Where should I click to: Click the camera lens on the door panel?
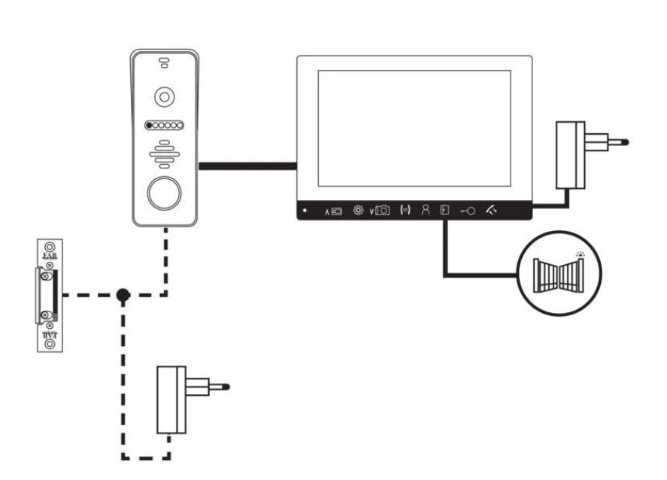pyautogui.click(x=164, y=96)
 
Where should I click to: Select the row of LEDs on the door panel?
pyautogui.click(x=164, y=126)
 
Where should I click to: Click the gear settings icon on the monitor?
pyautogui.click(x=358, y=211)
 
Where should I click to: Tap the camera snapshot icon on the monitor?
pyautogui.click(x=381, y=211)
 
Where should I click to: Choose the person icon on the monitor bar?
pyautogui.click(x=425, y=211)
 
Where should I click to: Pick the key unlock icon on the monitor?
pyautogui.click(x=466, y=211)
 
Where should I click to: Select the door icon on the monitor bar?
pyautogui.click(x=444, y=211)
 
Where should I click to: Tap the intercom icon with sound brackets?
pyautogui.click(x=405, y=211)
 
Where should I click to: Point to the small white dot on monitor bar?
pyautogui.click(x=305, y=211)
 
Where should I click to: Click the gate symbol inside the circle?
pyautogui.click(x=557, y=272)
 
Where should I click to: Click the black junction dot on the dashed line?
pyautogui.click(x=123, y=294)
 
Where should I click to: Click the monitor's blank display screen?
pyautogui.click(x=414, y=129)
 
